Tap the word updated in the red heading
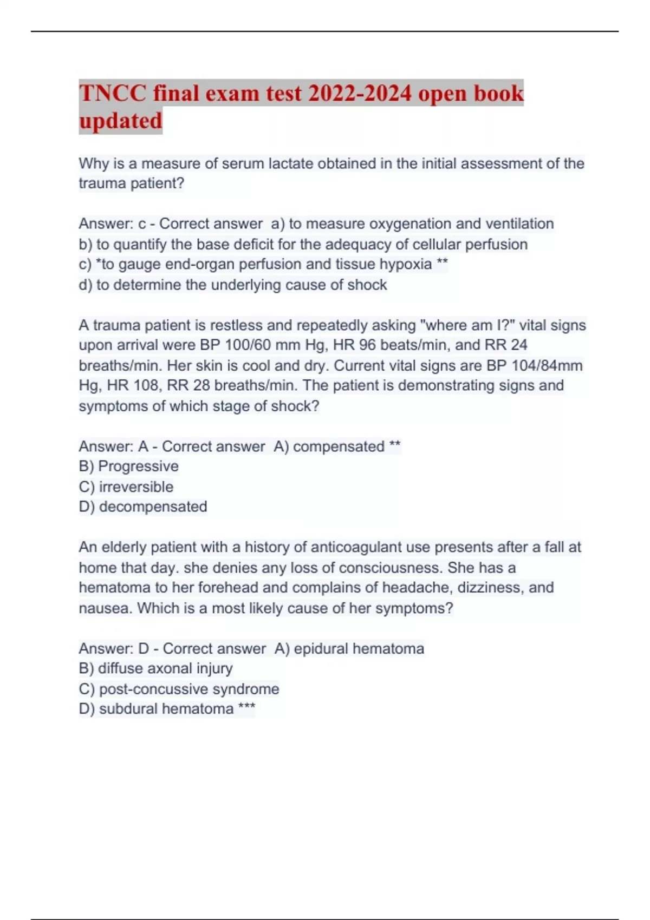pyautogui.click(x=120, y=120)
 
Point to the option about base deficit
pyautogui.click(x=303, y=244)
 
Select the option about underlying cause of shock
pyautogui.click(x=233, y=285)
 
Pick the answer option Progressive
pyautogui.click(x=128, y=466)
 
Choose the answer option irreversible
pyautogui.click(x=126, y=487)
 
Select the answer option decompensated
pyautogui.click(x=143, y=507)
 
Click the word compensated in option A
pyautogui.click(x=339, y=446)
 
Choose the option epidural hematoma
pyautogui.click(x=349, y=648)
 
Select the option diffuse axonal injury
pyautogui.click(x=155, y=668)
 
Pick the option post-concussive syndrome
pyautogui.click(x=179, y=689)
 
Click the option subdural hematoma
pyautogui.click(x=157, y=709)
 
